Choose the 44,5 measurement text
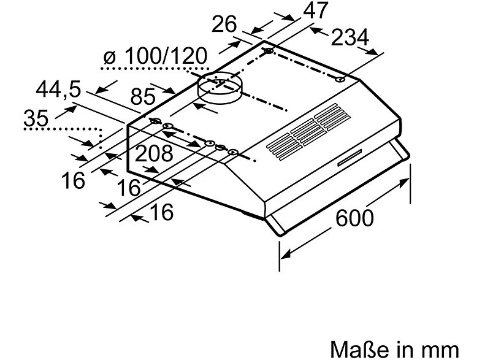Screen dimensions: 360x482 point(58,90)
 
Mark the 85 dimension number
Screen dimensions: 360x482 point(143,96)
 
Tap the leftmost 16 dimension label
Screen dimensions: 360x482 point(72,181)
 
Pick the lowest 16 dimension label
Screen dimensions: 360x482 point(161,212)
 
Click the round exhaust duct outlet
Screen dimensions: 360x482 point(218,88)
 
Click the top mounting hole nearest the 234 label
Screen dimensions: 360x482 point(340,79)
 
